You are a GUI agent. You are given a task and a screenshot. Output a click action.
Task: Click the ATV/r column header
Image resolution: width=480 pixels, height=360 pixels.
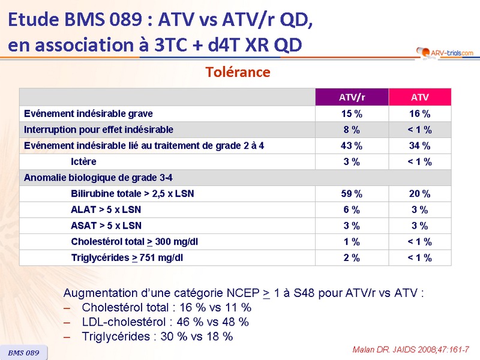352,97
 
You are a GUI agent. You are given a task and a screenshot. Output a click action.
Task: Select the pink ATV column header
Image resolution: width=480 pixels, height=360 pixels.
419,97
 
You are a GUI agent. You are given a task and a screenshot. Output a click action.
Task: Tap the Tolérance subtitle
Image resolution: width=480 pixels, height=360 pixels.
238,72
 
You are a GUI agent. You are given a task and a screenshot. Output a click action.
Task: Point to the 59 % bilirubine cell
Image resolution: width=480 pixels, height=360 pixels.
352,194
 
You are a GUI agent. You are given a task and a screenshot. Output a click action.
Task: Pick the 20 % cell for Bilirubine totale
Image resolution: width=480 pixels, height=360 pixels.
419,194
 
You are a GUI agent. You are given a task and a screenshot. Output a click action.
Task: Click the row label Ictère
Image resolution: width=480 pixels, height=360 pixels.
83,161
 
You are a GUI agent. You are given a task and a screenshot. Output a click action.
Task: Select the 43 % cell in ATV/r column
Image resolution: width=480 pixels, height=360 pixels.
352,145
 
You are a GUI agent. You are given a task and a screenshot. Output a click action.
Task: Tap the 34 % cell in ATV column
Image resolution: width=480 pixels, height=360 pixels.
419,145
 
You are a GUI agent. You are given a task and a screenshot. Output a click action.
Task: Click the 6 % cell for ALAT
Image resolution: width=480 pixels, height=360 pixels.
352,210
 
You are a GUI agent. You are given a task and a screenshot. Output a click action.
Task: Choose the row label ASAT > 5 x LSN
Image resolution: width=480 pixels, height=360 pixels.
106,226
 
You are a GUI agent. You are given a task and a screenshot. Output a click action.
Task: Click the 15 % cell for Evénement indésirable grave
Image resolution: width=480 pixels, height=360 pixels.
352,113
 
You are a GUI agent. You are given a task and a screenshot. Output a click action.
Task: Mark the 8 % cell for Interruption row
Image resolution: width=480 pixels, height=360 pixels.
352,130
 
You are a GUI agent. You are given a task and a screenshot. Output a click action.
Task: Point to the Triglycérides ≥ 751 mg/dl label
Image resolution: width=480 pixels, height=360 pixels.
127,258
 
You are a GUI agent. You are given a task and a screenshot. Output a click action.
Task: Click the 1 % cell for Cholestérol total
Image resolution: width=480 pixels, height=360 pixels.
352,242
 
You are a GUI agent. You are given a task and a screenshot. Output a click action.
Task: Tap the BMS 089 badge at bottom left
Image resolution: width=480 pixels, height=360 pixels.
23,353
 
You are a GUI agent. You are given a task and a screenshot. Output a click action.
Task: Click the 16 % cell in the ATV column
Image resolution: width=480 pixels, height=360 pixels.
419,113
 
